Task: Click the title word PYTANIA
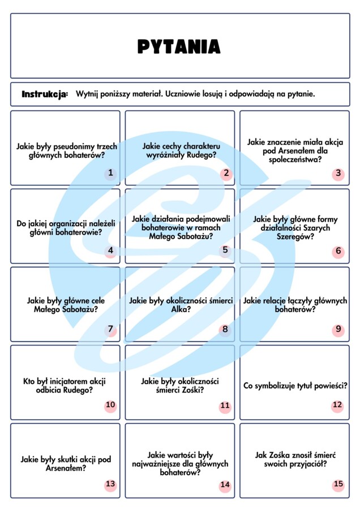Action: pyautogui.click(x=179, y=46)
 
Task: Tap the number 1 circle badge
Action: pyautogui.click(x=110, y=173)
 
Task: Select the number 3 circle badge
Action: pyautogui.click(x=338, y=173)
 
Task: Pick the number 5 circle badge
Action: pyautogui.click(x=225, y=250)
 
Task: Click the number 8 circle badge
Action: pyautogui.click(x=225, y=329)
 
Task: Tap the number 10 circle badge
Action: pyautogui.click(x=110, y=405)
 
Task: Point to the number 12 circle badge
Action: pyautogui.click(x=337, y=405)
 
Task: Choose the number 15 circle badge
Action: pyautogui.click(x=338, y=484)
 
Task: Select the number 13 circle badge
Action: pyautogui.click(x=110, y=484)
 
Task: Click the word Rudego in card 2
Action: pyautogui.click(x=204, y=156)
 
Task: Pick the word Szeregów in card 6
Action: pyautogui.click(x=294, y=238)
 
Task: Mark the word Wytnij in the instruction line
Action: pyautogui.click(x=87, y=94)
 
